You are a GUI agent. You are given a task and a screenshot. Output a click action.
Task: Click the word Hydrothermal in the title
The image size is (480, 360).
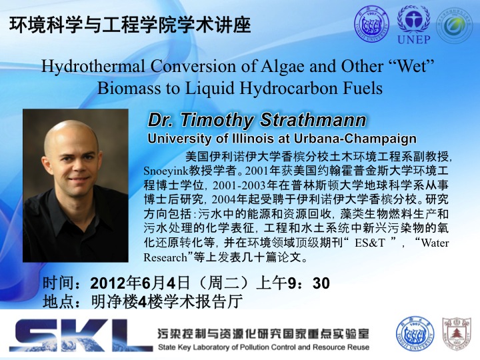click(93, 67)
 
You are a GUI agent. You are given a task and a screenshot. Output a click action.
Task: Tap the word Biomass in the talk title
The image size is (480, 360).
click(129, 89)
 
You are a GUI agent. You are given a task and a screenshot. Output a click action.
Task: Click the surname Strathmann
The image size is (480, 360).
click(313, 120)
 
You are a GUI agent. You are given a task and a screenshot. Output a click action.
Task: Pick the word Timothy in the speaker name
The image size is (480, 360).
click(217, 120)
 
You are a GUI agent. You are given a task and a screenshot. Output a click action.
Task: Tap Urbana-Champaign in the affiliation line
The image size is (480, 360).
click(355, 139)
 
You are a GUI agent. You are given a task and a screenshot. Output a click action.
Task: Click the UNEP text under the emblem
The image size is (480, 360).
click(413, 39)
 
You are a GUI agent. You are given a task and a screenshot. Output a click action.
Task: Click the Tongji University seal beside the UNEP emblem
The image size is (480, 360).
click(371, 24)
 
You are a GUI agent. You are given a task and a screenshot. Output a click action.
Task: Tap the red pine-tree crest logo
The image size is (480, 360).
click(457, 334)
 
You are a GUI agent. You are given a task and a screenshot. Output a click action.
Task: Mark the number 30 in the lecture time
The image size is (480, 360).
click(321, 283)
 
